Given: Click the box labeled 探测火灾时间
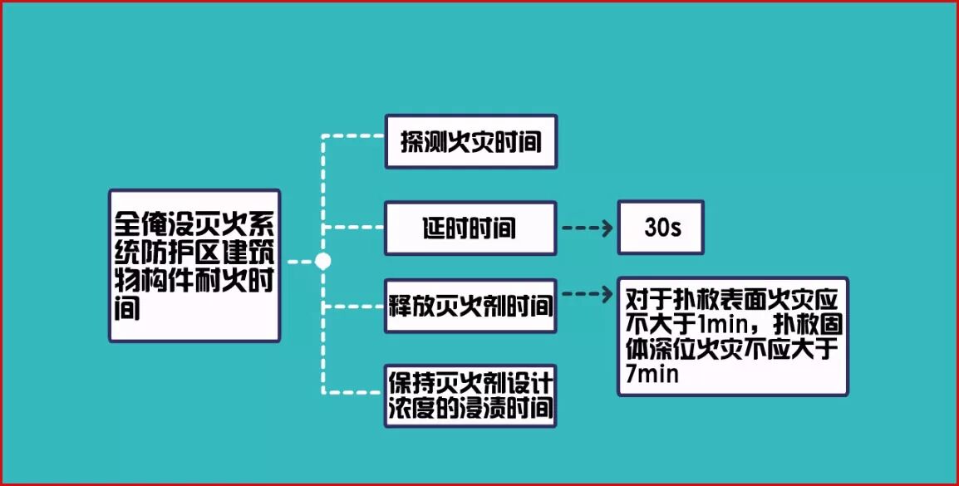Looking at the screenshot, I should coord(470,141).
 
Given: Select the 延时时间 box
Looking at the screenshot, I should coord(470,228).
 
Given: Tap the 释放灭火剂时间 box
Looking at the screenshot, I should coord(470,306).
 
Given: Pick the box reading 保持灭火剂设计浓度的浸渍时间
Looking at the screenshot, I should coord(470,395).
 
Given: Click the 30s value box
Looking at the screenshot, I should coord(661,228).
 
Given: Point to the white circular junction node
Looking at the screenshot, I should coord(323,261).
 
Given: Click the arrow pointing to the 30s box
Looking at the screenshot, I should coord(587,228).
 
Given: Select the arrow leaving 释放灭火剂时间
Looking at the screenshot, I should coord(587,293).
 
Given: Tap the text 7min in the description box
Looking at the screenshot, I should coord(649,376).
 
